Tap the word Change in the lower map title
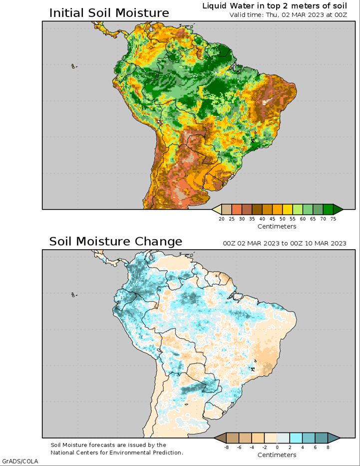coord(158,241)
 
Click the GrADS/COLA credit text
coord(20,461)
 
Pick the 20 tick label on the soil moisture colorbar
coord(222,219)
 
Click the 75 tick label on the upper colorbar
coord(333,219)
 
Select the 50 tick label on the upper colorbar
coord(283,219)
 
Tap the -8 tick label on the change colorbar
coord(226,448)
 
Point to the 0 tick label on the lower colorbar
coord(277,448)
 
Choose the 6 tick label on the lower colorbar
coord(315,448)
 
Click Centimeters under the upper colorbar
coord(277,226)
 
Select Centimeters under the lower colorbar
coord(277,455)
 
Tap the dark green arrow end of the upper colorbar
coord(338,209)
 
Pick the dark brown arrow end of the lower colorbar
coord(220,438)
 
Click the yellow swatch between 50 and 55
coord(288,209)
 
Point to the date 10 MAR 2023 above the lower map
coord(326,243)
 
